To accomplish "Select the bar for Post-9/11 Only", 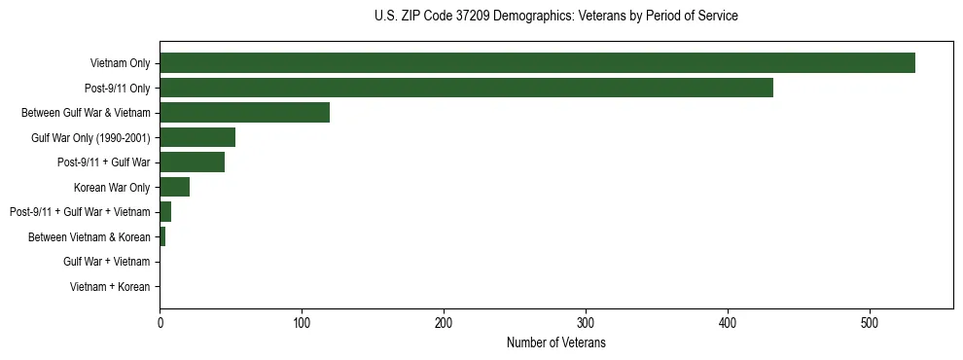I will pos(466,88).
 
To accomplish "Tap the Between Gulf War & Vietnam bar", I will pos(244,112).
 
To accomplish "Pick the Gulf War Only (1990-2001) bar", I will pos(197,137).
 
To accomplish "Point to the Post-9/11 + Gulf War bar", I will pos(192,162).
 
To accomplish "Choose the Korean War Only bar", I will pos(174,187).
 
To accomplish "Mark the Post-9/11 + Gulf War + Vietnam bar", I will pos(165,211).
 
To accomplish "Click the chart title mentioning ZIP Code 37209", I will pos(555,17).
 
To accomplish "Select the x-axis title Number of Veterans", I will pos(555,342).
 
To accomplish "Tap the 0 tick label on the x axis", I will pos(160,323).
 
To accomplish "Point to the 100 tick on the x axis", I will pos(302,323).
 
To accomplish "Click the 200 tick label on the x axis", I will pos(444,323).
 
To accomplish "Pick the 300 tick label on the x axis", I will pos(586,323).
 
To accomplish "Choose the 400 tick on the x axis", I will pos(728,323).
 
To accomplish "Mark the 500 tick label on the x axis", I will pos(870,323).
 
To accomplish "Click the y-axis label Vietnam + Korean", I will pos(110,287).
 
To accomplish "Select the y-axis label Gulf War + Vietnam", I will pos(106,262).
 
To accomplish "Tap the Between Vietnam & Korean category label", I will pos(89,236).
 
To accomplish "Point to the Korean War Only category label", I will pos(112,187).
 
